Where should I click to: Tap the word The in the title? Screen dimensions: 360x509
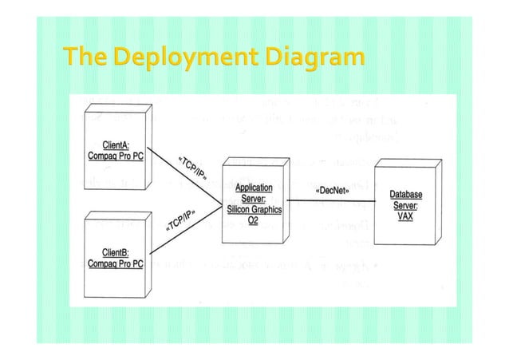click(85, 58)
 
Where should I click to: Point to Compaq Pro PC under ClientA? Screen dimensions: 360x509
click(114, 156)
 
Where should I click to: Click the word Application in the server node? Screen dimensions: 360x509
click(247, 188)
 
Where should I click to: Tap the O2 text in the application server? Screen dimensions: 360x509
click(251, 220)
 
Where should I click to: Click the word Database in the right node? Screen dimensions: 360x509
click(405, 194)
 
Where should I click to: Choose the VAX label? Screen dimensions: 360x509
click(405, 216)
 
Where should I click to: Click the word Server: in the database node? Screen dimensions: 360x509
click(405, 205)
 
